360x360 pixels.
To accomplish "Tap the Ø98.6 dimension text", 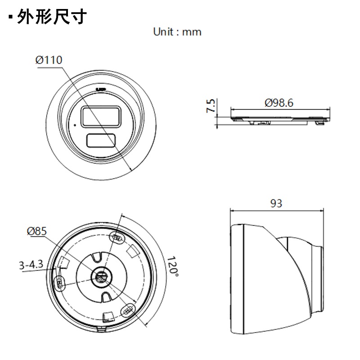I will pyautogui.click(x=279, y=103).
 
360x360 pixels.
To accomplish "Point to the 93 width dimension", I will pyautogui.click(x=276, y=203).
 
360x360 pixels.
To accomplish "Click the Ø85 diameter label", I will pyautogui.click(x=37, y=231).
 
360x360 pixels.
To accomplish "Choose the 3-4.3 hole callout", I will pyautogui.click(x=31, y=265).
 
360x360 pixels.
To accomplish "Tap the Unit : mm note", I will pyautogui.click(x=177, y=32).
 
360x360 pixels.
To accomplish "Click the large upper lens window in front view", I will pyautogui.click(x=100, y=116).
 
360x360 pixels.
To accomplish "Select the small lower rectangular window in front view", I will pyautogui.click(x=101, y=141).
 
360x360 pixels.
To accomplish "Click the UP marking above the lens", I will pyautogui.click(x=101, y=89).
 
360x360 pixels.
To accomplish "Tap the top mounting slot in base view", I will pyautogui.click(x=117, y=237).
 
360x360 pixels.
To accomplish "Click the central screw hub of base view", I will pyautogui.click(x=101, y=278).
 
